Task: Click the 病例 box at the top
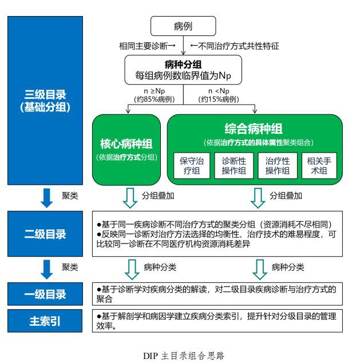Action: (x=183, y=26)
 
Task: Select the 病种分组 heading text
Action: (x=183, y=65)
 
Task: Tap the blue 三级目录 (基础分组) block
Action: (x=45, y=101)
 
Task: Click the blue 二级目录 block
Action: (x=45, y=234)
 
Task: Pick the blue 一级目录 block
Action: (x=45, y=294)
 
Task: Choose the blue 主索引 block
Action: (x=45, y=321)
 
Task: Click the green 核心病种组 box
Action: (x=126, y=150)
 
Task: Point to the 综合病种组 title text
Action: (x=254, y=129)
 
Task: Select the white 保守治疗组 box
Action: (x=192, y=166)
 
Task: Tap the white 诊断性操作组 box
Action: (x=234, y=166)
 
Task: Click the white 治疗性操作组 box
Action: (x=278, y=166)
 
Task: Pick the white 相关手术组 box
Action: (x=319, y=166)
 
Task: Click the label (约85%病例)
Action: (x=155, y=99)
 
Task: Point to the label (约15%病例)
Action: (x=219, y=99)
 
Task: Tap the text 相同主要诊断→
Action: (x=148, y=46)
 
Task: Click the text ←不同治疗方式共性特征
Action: (x=234, y=46)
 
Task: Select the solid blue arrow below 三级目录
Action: (x=46, y=198)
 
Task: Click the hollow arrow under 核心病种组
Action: (x=130, y=198)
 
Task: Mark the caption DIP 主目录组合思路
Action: (x=184, y=356)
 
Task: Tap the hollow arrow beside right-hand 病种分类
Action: (x=260, y=269)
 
